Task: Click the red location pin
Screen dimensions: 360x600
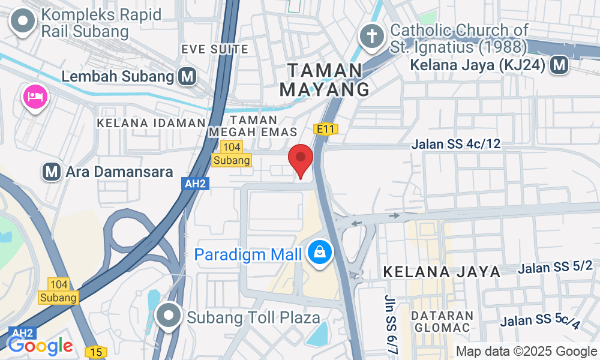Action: point(301,160)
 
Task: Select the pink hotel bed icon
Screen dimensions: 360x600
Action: point(35,97)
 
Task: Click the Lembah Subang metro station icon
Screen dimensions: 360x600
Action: point(188,76)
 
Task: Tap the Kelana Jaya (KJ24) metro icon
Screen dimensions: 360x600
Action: point(560,65)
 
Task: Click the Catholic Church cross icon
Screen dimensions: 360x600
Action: point(371,37)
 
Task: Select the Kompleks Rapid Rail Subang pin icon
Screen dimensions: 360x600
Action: point(23,22)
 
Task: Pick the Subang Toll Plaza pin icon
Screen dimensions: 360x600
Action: point(169,316)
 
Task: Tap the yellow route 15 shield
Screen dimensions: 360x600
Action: point(95,351)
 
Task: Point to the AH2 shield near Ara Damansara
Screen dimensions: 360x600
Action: point(196,184)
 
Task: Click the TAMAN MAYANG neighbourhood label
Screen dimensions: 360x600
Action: point(325,80)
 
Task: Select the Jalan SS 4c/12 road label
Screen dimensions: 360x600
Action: point(456,144)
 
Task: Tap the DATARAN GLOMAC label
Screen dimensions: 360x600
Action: point(443,321)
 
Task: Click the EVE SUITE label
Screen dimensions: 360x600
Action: point(206,49)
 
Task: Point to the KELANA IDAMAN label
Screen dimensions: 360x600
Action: point(151,123)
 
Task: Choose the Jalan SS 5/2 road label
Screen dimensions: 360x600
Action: point(556,267)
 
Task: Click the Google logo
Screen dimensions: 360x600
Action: point(40,346)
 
